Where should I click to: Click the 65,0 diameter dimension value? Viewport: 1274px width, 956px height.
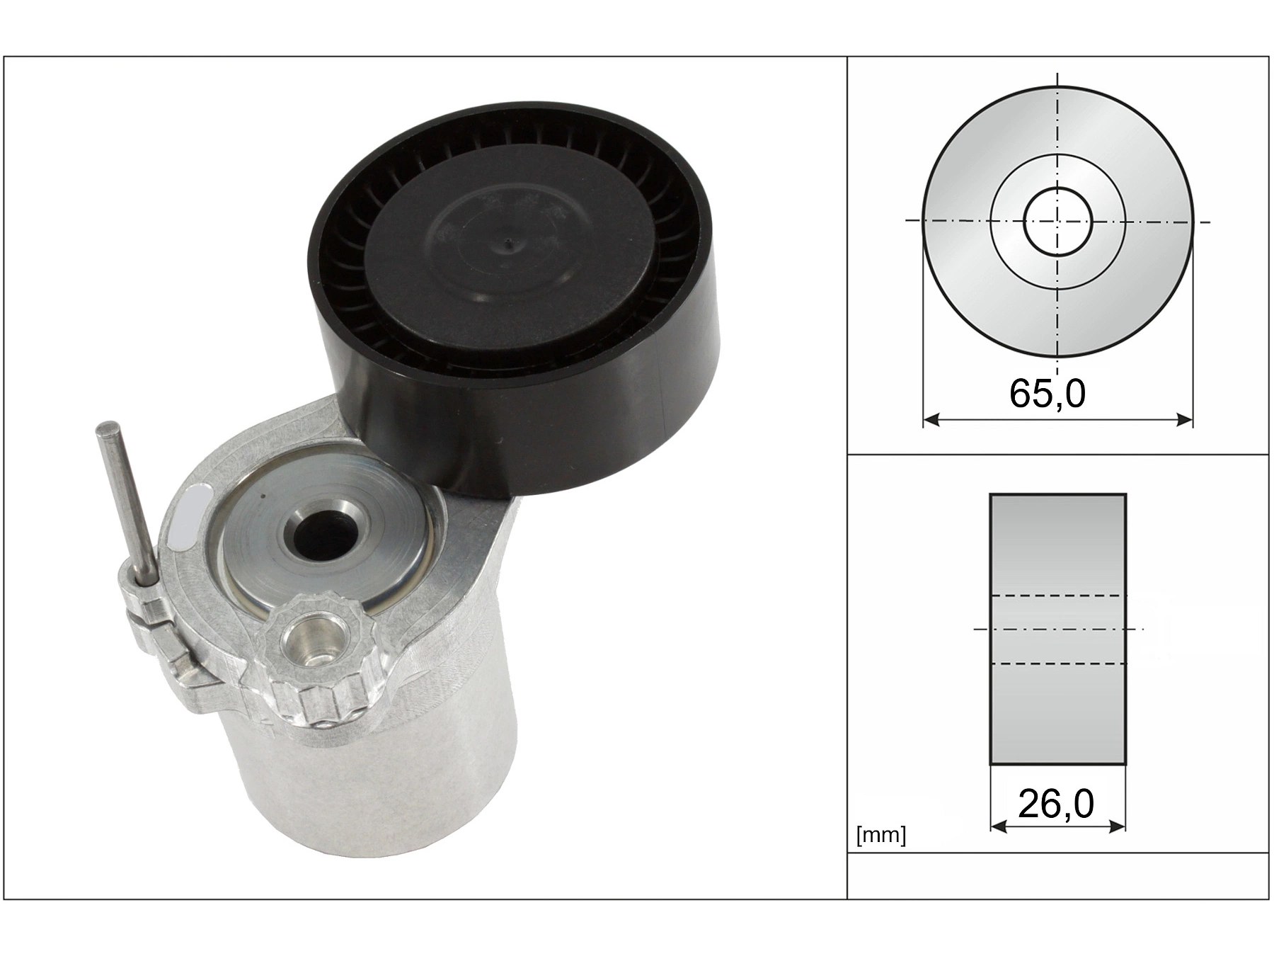click(x=1047, y=394)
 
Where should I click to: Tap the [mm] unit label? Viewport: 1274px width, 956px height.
click(x=880, y=836)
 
